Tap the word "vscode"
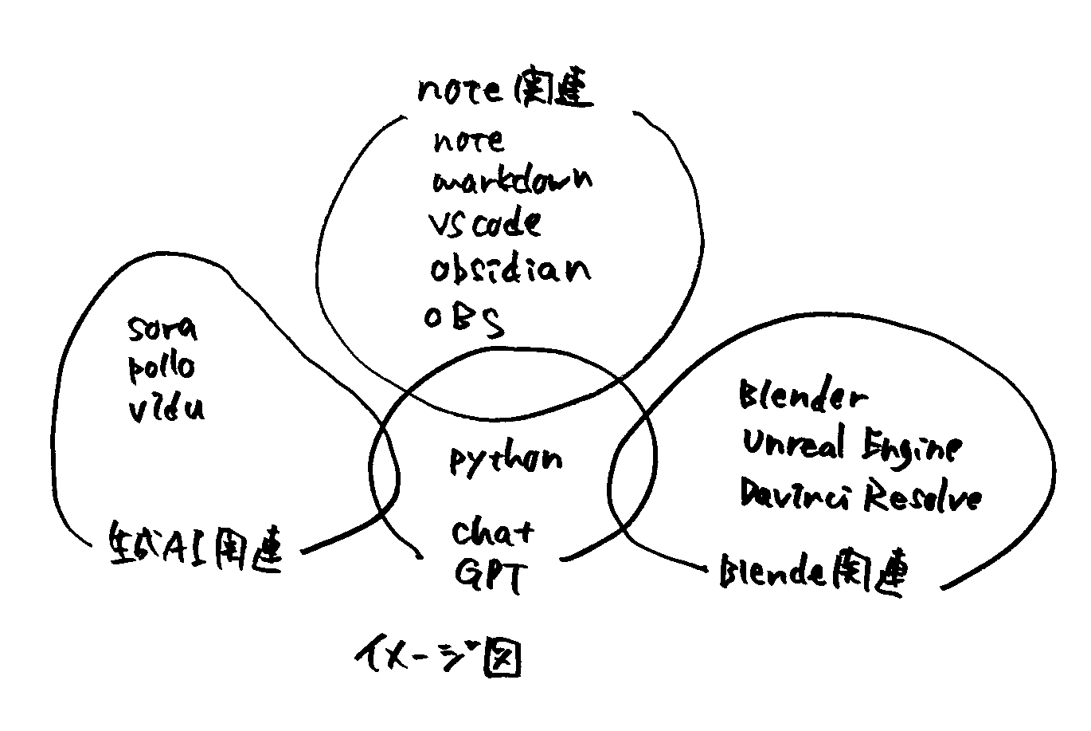pyautogui.click(x=485, y=223)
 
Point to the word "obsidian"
pyautogui.click(x=510, y=269)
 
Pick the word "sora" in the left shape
pyautogui.click(x=162, y=328)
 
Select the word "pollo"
pyautogui.click(x=161, y=367)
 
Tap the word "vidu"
pyautogui.click(x=166, y=408)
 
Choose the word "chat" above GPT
pyautogui.click(x=494, y=532)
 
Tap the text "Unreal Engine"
pyautogui.click(x=851, y=446)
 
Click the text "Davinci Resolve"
pyautogui.click(x=860, y=496)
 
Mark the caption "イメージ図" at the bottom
pyautogui.click(x=437, y=658)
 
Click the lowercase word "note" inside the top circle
pyautogui.click(x=469, y=142)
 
